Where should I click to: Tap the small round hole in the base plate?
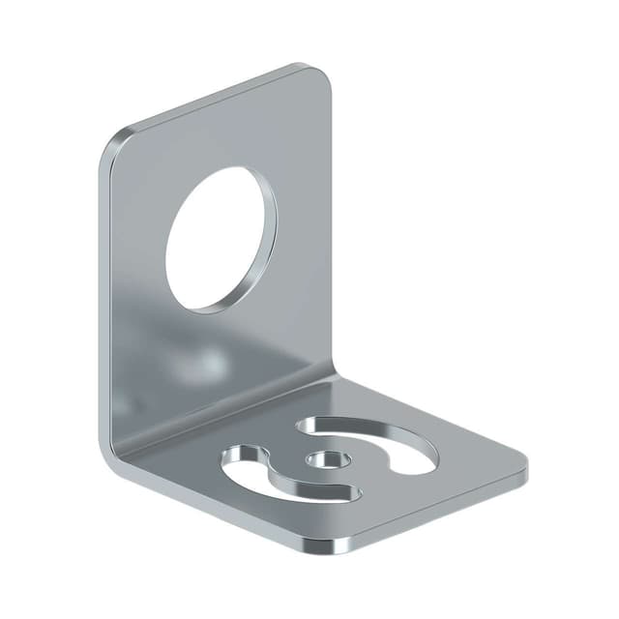point(321,457)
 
